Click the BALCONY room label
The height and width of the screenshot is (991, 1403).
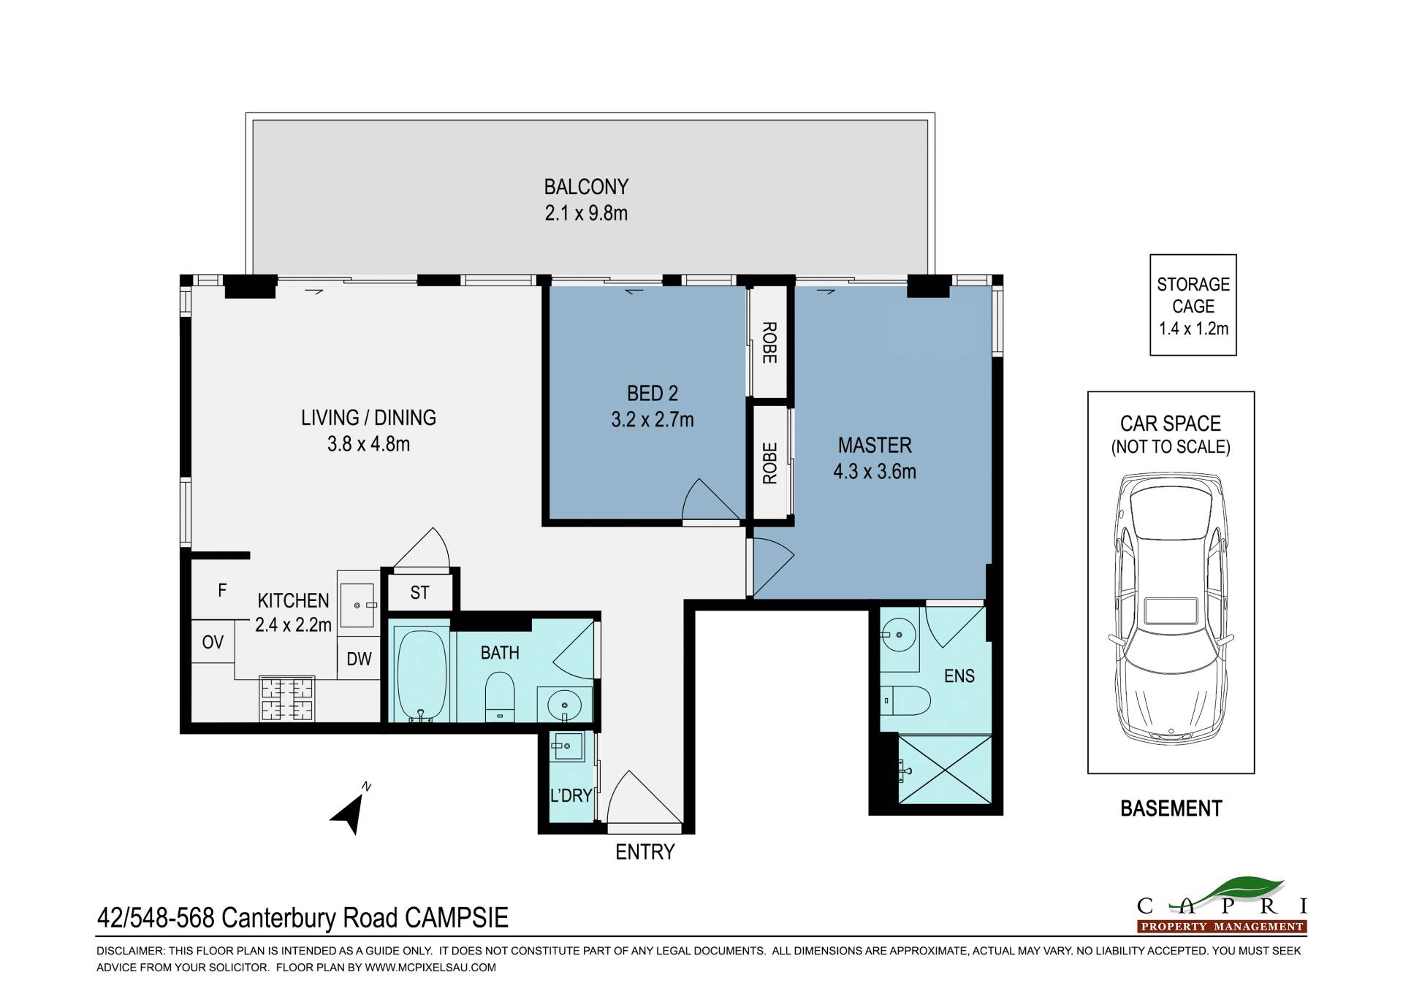click(x=586, y=187)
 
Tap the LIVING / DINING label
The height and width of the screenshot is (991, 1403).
click(x=368, y=418)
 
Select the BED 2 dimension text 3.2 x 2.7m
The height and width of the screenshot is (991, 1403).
click(x=653, y=420)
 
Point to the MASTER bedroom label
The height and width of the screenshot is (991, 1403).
click(x=875, y=445)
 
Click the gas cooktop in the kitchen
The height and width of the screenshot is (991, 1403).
click(x=287, y=698)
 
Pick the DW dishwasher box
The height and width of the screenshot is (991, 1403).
click(x=359, y=659)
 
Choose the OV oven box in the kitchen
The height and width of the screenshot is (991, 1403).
click(x=213, y=642)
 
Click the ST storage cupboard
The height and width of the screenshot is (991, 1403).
click(x=419, y=592)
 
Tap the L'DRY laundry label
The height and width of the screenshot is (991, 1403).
click(x=571, y=795)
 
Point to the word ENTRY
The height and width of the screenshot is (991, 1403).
click(x=645, y=852)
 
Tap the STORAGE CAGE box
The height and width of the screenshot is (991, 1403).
click(x=1193, y=305)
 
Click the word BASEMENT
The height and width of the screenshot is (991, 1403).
click(x=1171, y=809)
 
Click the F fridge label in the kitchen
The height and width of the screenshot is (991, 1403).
click(x=222, y=591)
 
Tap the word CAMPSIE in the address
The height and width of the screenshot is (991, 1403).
click(x=457, y=918)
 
